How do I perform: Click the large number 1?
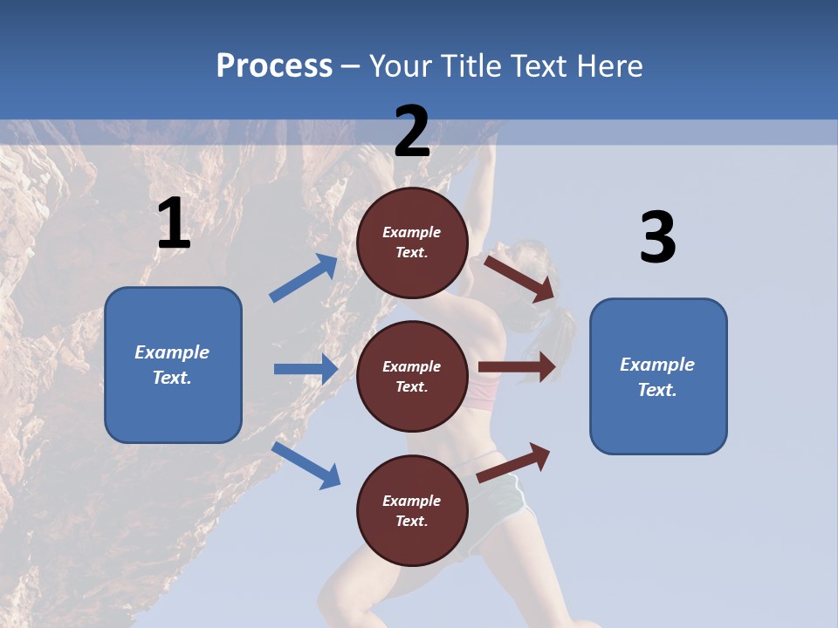(x=174, y=224)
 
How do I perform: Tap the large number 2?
(x=412, y=132)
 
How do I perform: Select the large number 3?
(x=657, y=239)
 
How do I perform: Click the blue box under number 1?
(x=173, y=365)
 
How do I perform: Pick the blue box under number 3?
(x=658, y=376)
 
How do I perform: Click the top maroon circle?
(x=412, y=242)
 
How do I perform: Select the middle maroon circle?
(x=412, y=376)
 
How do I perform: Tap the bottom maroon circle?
(x=412, y=510)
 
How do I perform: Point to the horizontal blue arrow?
(x=306, y=369)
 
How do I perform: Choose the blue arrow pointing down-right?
(x=306, y=464)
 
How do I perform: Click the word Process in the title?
(x=274, y=65)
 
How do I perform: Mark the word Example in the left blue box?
(x=172, y=352)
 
